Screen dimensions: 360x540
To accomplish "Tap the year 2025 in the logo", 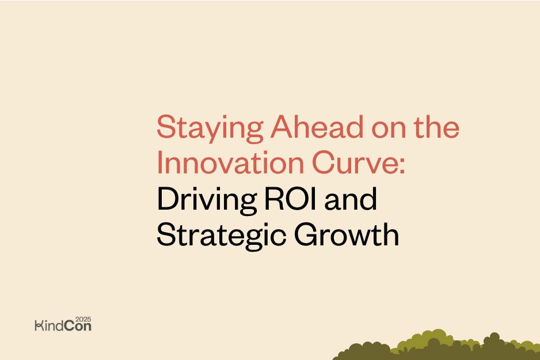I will pyautogui.click(x=83, y=318).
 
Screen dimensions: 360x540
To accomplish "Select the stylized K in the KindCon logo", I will pyautogui.click(x=39, y=326).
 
